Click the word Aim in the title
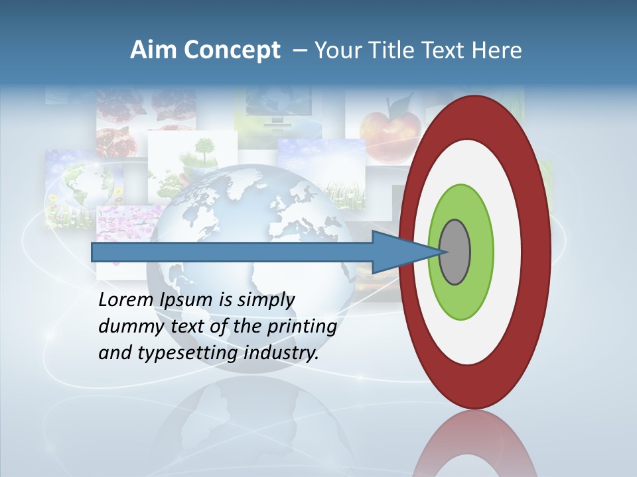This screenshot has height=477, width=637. (153, 50)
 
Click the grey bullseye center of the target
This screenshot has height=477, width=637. (455, 252)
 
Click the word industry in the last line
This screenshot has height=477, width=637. (281, 353)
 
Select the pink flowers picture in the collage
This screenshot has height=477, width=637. (126, 225)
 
